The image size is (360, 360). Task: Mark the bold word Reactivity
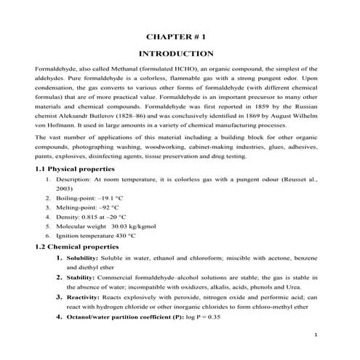(x=81, y=297)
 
